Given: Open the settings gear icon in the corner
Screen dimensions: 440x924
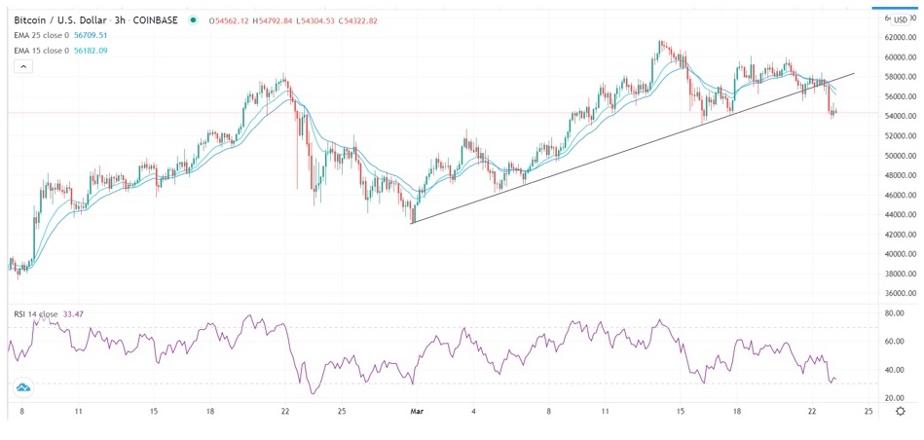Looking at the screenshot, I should click(901, 412).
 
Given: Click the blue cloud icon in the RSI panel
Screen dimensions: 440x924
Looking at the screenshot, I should click(22, 387).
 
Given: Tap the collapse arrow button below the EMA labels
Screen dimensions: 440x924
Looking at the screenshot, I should click(23, 66).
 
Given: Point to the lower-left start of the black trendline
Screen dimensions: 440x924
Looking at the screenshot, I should click(412, 224).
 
